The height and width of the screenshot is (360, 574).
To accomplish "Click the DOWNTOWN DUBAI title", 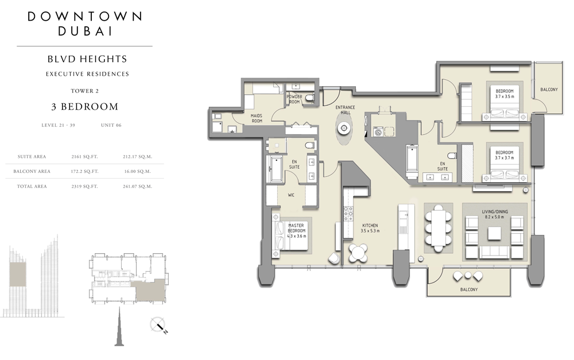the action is [x=85, y=24].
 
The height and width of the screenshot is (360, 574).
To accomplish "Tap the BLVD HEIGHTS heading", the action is [x=87, y=59].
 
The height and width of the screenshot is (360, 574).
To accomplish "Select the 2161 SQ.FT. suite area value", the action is [x=84, y=156].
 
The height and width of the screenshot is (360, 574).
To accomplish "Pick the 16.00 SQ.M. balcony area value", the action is [x=137, y=171].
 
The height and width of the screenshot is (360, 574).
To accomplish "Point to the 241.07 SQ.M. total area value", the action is [x=137, y=186].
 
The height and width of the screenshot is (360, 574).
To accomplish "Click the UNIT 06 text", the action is [x=111, y=125].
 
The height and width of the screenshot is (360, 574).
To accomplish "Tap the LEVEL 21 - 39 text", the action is [x=58, y=125].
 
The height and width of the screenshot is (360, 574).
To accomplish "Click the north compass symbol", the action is [x=158, y=325].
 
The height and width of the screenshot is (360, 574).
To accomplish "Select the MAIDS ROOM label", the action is [x=257, y=118].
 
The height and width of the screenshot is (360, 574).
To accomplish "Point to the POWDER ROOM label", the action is [x=294, y=99].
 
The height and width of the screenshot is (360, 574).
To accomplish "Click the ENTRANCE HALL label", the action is [x=345, y=110].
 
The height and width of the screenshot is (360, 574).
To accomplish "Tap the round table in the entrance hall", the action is [x=344, y=128].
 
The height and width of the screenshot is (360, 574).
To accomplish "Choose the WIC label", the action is [x=291, y=195].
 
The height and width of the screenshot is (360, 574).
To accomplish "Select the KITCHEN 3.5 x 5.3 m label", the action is [x=370, y=228].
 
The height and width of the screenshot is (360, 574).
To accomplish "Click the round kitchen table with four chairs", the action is [x=358, y=253].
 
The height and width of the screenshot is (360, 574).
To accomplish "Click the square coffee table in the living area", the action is [x=494, y=233].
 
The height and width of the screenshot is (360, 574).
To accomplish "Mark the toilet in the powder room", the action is [x=310, y=98].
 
